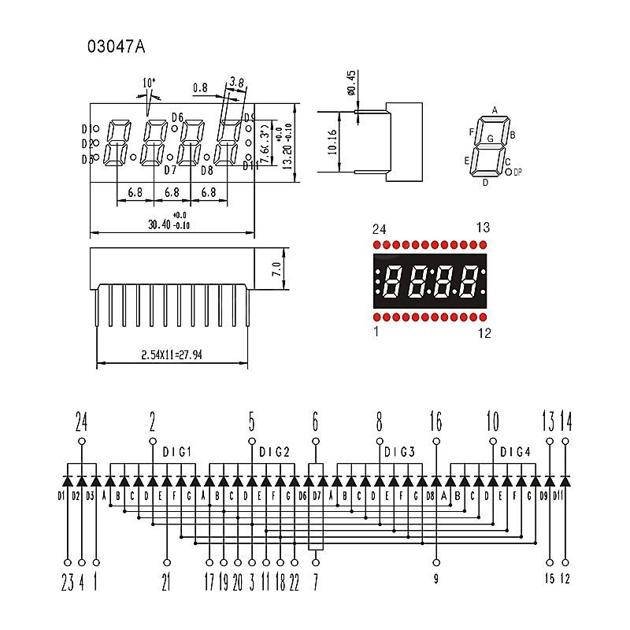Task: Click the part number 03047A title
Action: coord(117,46)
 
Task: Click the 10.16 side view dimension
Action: coord(333,141)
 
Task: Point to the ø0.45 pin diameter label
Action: coord(351,83)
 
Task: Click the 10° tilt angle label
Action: coord(149,83)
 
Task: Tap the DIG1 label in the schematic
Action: coord(177,452)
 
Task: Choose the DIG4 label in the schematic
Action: coord(516,452)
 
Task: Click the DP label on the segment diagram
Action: coord(517,172)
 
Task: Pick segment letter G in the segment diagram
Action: coord(491,139)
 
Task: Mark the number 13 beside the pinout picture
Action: coord(483,228)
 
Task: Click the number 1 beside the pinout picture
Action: coord(376,332)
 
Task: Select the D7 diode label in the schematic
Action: coord(317,496)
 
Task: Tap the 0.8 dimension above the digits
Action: coord(199,88)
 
